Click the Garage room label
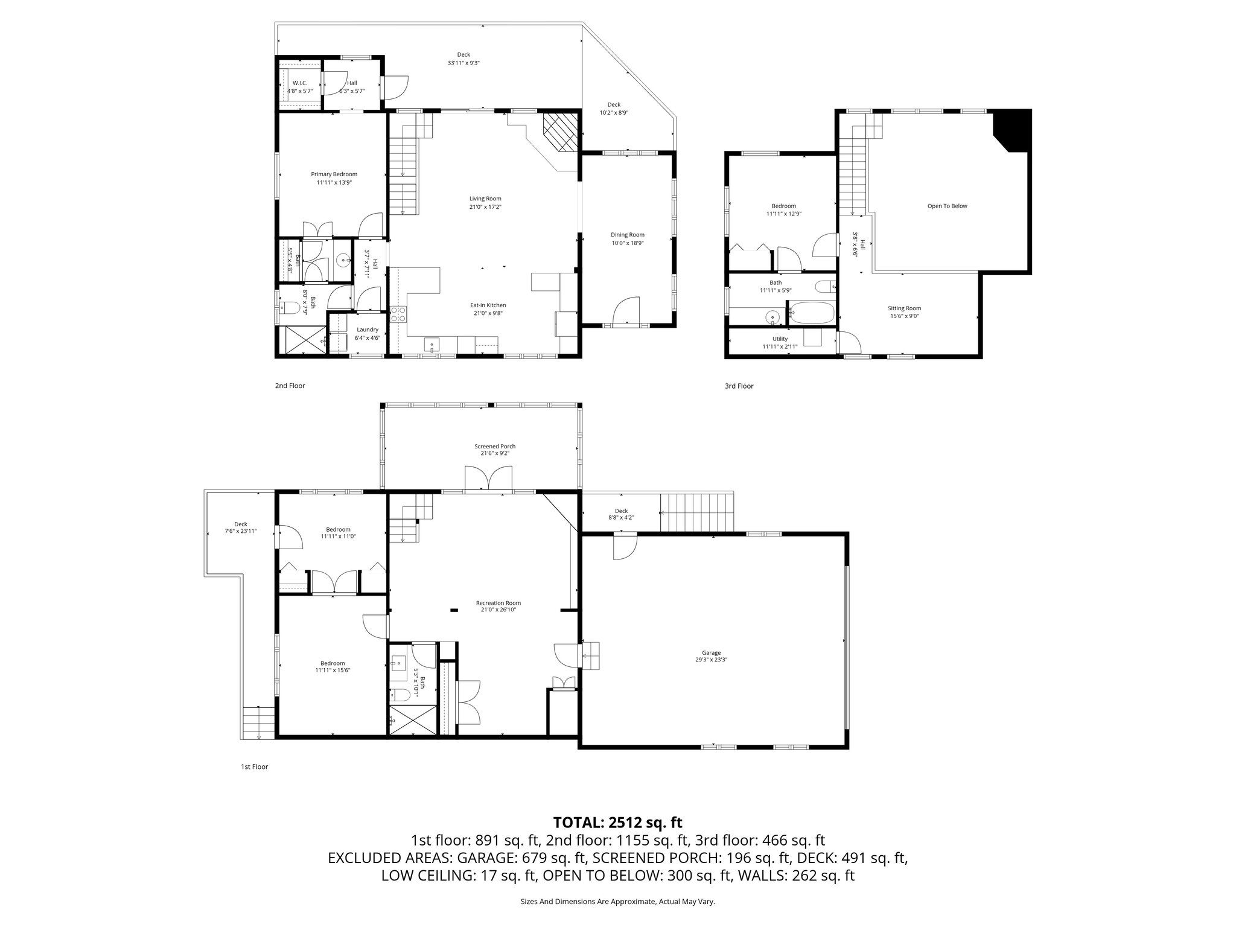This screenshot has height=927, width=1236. click(711, 652)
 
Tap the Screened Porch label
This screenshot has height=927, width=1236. click(494, 447)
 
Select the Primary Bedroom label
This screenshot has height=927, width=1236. click(334, 174)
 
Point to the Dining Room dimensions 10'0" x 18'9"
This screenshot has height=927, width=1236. click(628, 243)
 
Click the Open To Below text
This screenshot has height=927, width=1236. click(947, 206)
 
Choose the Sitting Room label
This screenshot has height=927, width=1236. click(904, 308)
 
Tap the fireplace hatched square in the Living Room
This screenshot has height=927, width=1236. click(560, 133)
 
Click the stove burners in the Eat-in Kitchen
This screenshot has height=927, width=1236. click(398, 314)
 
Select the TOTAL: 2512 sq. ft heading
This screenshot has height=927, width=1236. click(617, 822)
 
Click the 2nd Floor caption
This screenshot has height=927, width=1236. click(290, 386)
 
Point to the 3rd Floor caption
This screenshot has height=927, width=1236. click(739, 386)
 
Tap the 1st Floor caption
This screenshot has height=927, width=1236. click(254, 767)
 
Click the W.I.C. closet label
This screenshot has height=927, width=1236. click(299, 83)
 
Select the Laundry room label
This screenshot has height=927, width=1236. click(367, 330)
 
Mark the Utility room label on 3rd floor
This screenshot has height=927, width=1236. click(780, 339)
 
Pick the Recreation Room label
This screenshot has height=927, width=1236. click(498, 603)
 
